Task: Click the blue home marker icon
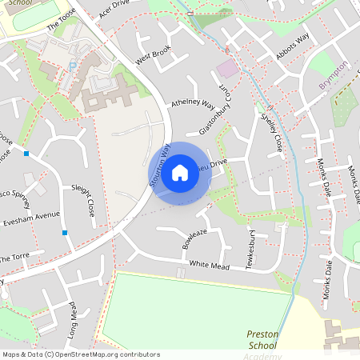click(180, 173)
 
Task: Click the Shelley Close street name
click(272, 132)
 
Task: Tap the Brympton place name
click(334, 76)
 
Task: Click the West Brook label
click(153, 55)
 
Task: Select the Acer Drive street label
click(114, 10)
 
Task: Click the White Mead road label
click(210, 265)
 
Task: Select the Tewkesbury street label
click(250, 251)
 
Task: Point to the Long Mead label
click(70, 316)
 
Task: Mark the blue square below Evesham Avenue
click(65, 233)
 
